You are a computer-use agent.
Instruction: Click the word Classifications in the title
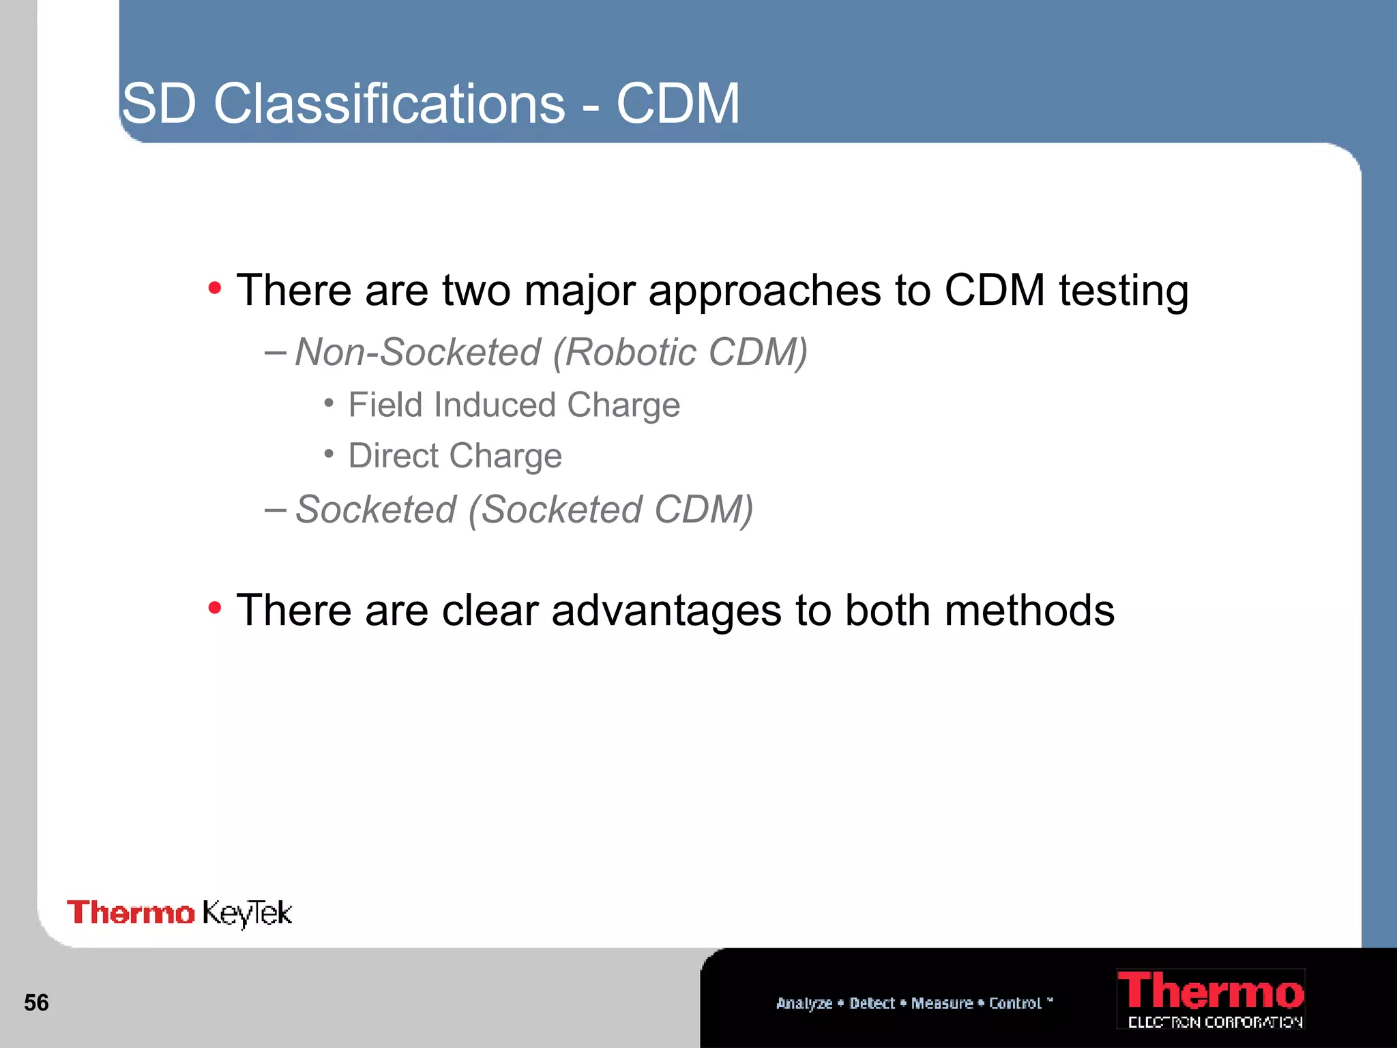(x=389, y=104)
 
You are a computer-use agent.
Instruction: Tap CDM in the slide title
(x=677, y=104)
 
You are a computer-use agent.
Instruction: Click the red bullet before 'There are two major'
(x=215, y=288)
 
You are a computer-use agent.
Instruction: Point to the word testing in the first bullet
(x=1123, y=291)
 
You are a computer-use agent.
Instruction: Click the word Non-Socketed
(x=418, y=353)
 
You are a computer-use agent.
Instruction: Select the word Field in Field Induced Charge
(x=385, y=405)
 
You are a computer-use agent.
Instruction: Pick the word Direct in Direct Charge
(x=394, y=456)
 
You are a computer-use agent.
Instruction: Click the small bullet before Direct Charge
(x=329, y=454)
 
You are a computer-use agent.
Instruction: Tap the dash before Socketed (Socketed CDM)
(x=275, y=509)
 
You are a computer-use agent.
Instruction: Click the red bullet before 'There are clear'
(x=215, y=607)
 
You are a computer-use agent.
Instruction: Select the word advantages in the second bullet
(x=666, y=611)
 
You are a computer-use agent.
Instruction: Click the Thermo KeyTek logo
(x=179, y=913)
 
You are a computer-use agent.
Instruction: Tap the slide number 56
(x=36, y=1003)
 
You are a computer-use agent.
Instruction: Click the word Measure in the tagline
(x=942, y=1003)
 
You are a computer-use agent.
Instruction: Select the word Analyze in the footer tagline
(x=804, y=1003)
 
